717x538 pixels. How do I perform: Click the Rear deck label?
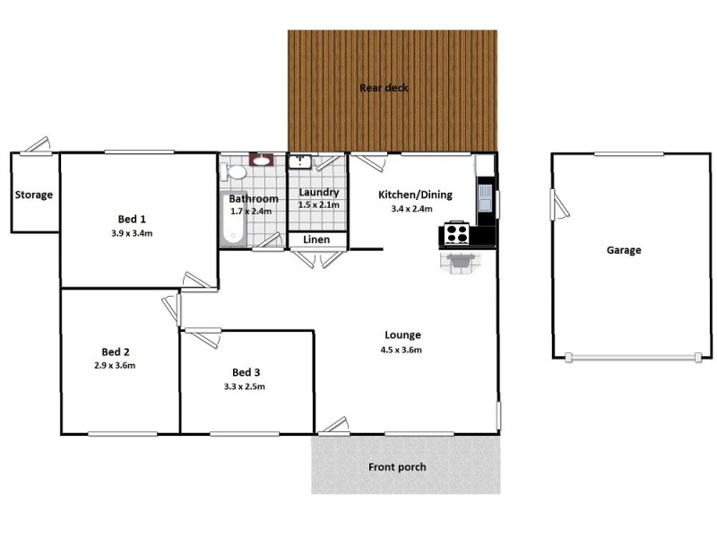tap(384, 88)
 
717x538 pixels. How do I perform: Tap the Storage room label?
tap(33, 195)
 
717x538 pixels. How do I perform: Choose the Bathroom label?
tap(253, 198)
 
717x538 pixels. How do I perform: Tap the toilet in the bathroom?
tap(238, 171)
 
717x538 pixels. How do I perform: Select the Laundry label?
tap(318, 192)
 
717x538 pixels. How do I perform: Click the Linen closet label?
tap(315, 240)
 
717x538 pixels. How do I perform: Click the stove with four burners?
tap(457, 234)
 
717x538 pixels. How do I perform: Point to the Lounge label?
tap(405, 335)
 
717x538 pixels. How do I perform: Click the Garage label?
tap(624, 250)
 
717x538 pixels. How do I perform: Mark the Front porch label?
tap(397, 467)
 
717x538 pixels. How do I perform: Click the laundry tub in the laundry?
tap(299, 161)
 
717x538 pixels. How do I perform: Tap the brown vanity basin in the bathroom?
tap(263, 161)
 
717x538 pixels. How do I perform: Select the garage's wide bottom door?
tap(634, 358)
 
